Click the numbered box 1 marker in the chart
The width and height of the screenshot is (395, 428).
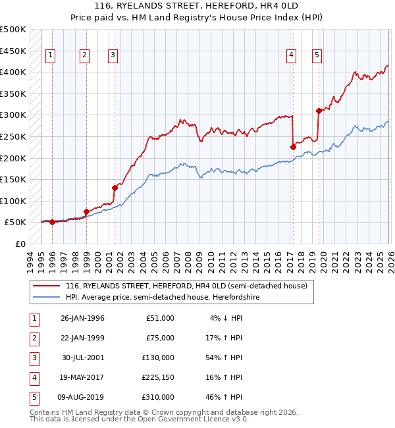(51, 56)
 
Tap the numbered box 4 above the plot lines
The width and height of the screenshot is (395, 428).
(290, 56)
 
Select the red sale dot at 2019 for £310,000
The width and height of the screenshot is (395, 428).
(319, 111)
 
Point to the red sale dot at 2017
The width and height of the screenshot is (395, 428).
(293, 147)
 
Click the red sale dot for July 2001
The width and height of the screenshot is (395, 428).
(115, 188)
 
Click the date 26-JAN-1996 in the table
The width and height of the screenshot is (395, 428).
(82, 318)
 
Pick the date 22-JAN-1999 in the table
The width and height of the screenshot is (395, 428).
(82, 338)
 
